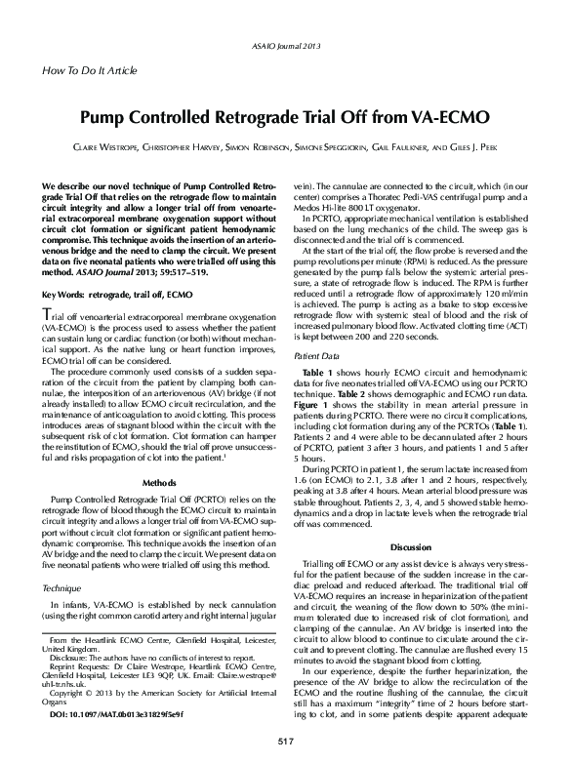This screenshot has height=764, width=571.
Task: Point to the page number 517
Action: pyautogui.click(x=285, y=744)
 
